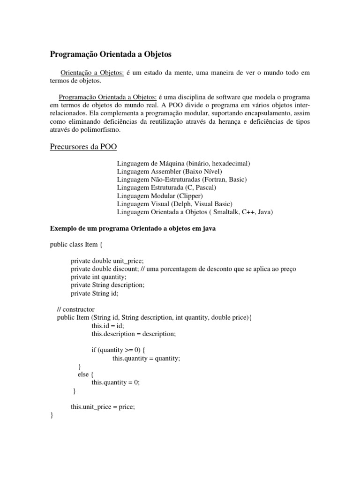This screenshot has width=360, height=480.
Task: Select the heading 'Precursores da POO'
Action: click(x=83, y=147)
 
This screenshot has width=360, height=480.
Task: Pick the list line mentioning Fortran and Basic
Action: click(x=182, y=179)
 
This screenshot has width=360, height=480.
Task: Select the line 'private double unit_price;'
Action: click(x=107, y=261)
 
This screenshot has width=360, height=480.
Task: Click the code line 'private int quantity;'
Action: click(x=98, y=277)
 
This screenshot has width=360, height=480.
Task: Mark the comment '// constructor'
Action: click(x=75, y=309)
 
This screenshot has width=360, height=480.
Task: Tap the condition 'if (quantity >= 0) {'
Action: click(x=120, y=350)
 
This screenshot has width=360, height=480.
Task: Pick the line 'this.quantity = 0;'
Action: click(x=116, y=382)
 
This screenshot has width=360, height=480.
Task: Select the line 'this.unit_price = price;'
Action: click(x=103, y=406)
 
